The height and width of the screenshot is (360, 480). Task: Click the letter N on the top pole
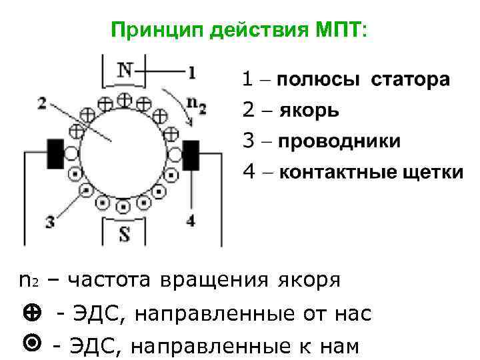[125, 70]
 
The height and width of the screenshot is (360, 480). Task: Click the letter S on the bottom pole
[125, 234]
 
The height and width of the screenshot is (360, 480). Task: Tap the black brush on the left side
[55, 153]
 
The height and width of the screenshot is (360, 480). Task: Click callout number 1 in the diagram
[191, 71]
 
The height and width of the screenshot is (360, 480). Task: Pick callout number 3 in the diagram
[50, 222]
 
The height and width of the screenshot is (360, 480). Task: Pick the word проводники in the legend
[339, 142]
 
